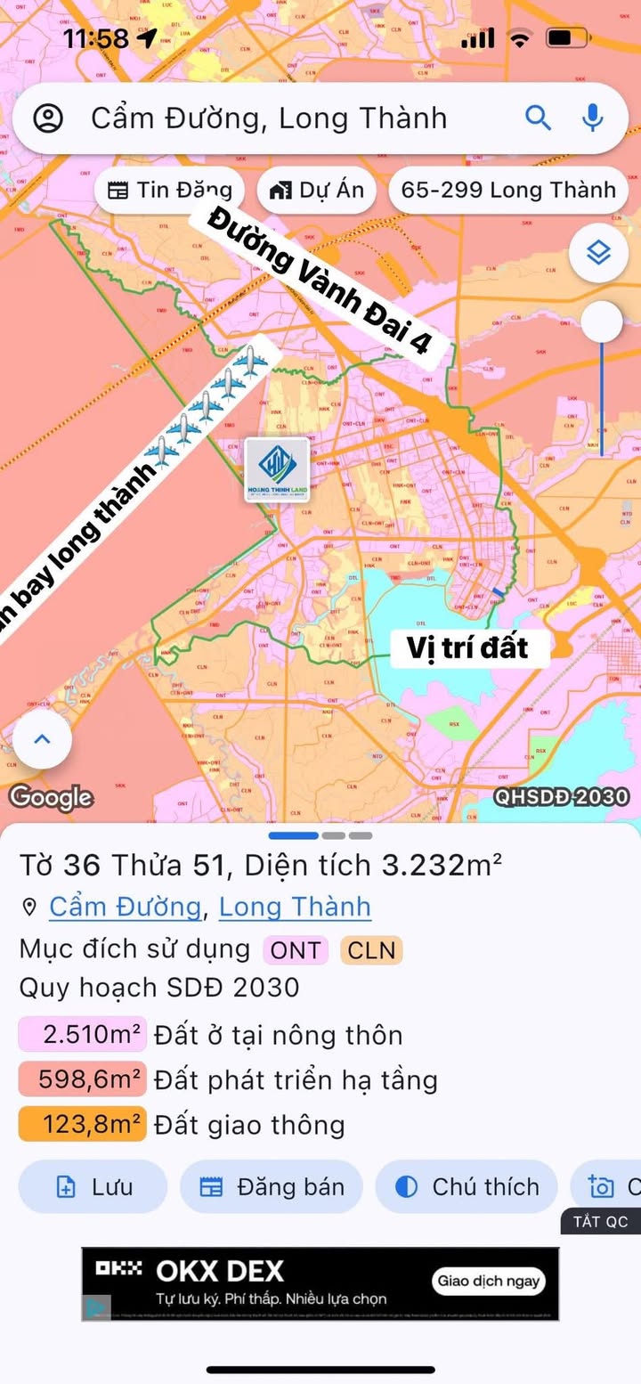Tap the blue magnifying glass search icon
[538, 118]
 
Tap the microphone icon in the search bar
[592, 118]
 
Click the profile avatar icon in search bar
[48, 118]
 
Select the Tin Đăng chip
[169, 190]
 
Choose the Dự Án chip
[317, 190]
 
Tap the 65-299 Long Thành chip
[507, 190]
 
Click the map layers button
[599, 253]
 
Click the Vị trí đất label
[468, 647]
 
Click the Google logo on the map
[51, 797]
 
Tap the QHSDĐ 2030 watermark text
[562, 797]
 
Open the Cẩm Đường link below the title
[125, 907]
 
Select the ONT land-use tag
[296, 950]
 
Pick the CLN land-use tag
[371, 950]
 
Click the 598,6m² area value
[81, 1080]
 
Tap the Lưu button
[93, 1187]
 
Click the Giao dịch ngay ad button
[489, 1281]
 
